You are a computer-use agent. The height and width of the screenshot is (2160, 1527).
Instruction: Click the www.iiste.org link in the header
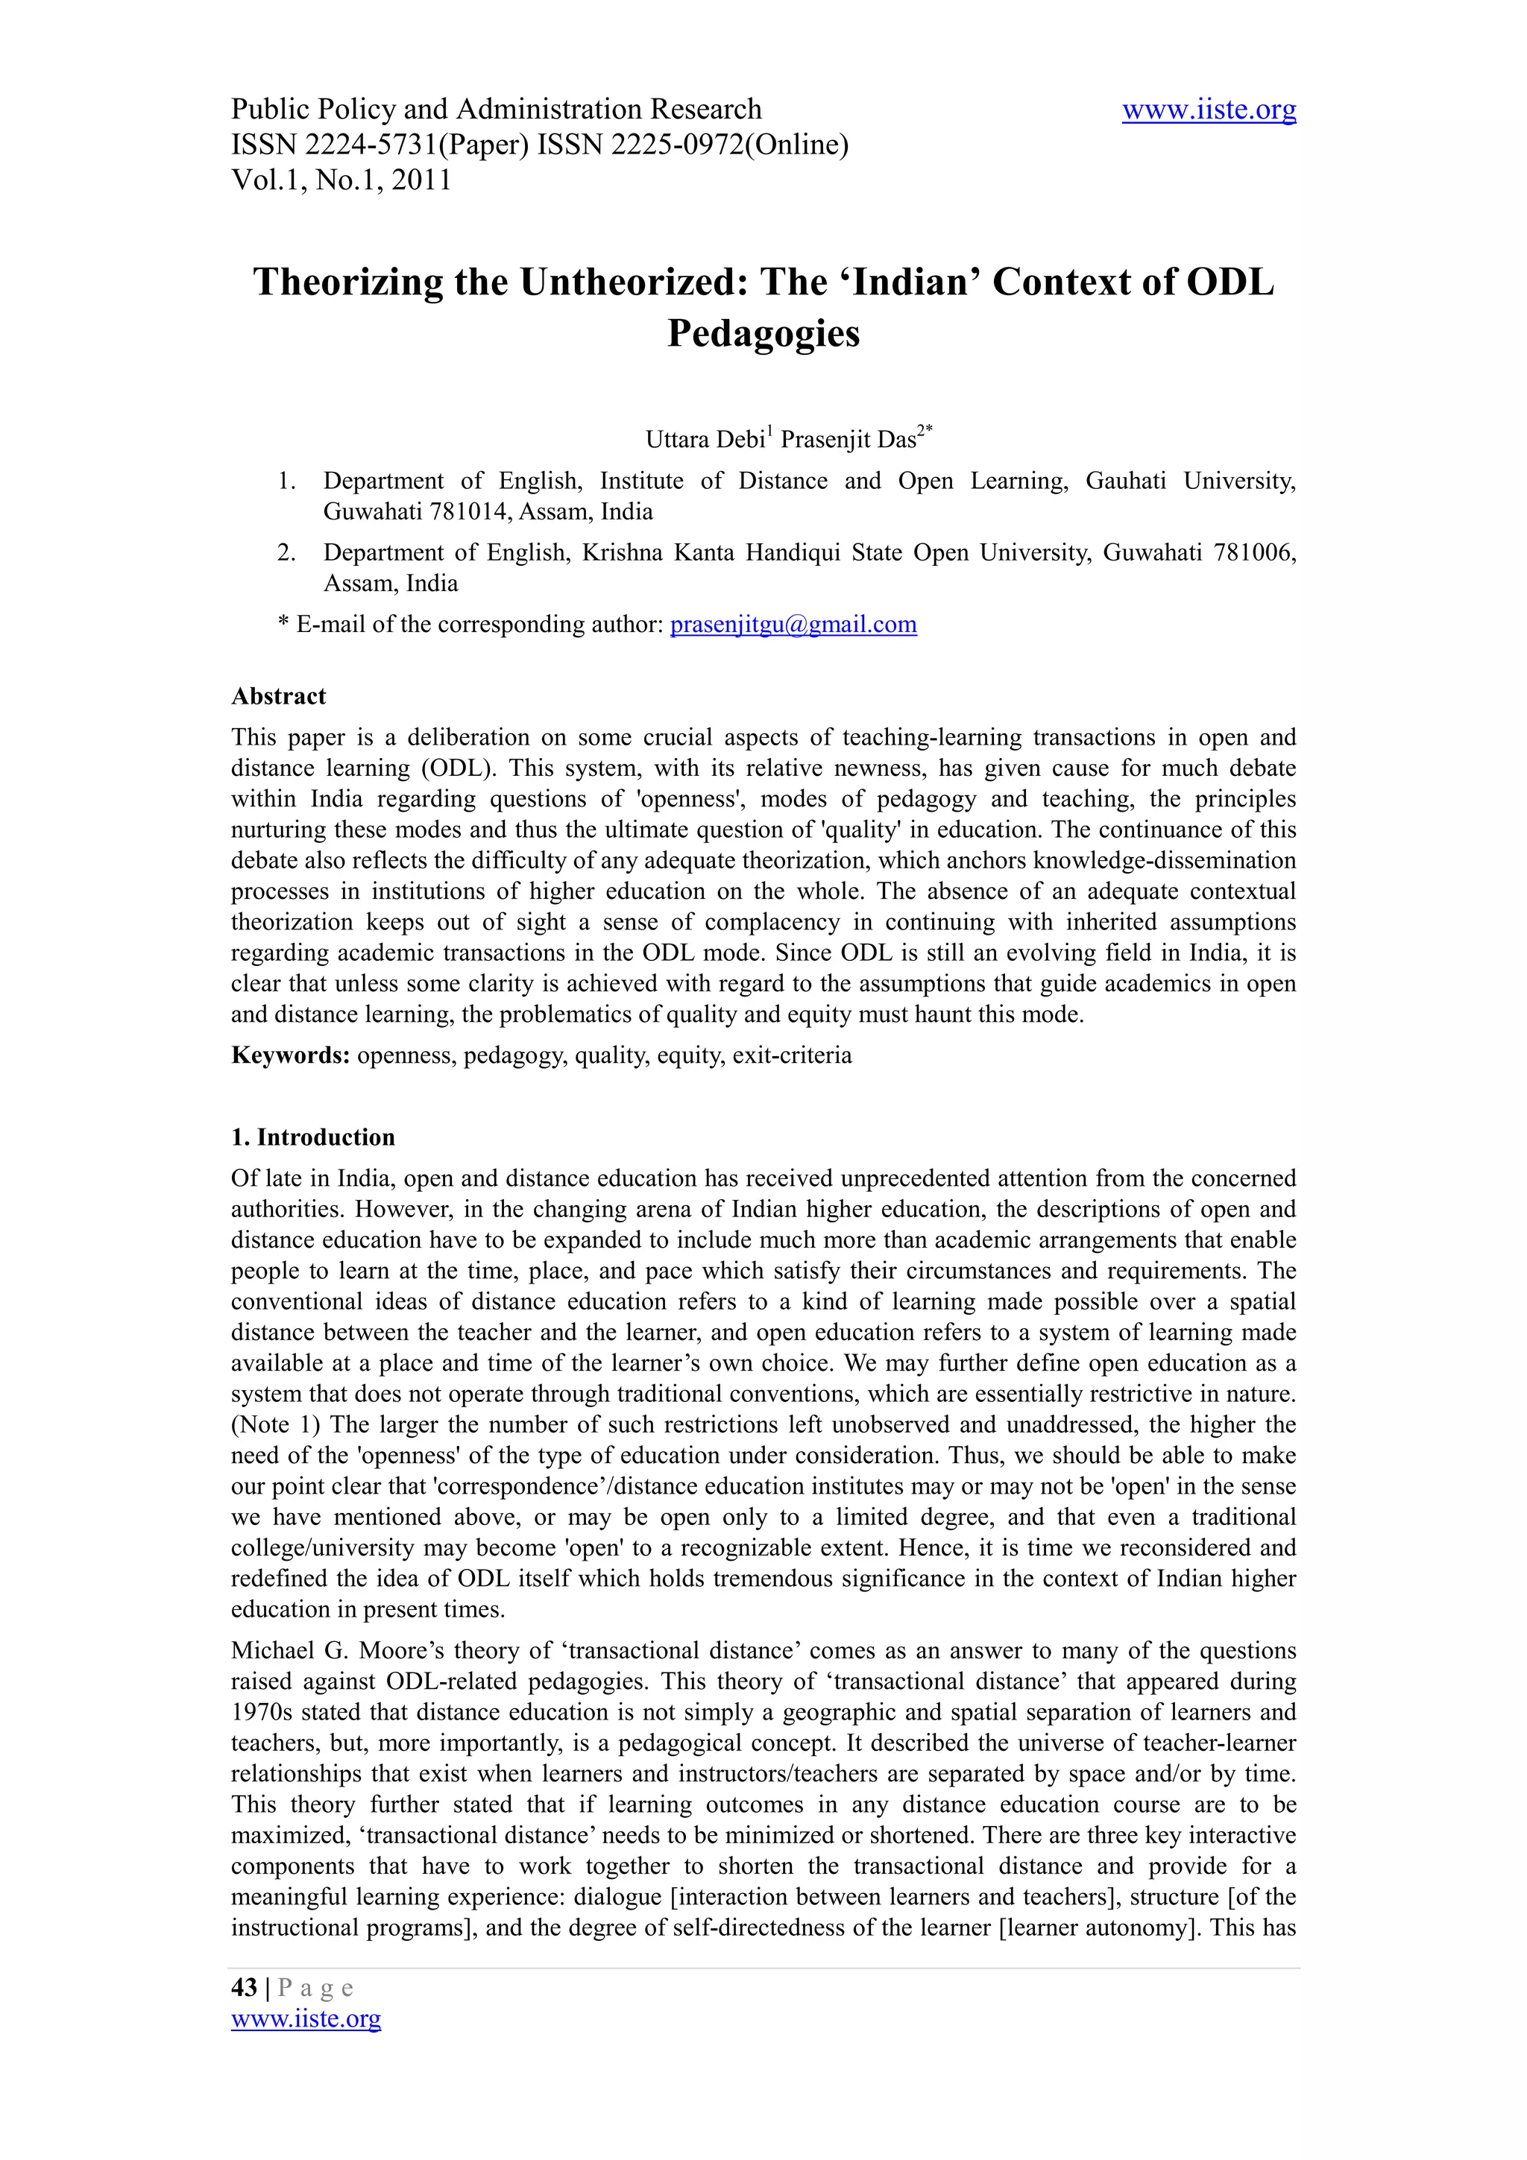[1208, 110]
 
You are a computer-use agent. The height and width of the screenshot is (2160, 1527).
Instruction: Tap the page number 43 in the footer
[244, 1987]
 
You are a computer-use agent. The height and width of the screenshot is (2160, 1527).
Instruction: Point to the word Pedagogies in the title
[763, 333]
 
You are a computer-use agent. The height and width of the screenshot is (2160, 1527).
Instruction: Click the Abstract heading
[279, 696]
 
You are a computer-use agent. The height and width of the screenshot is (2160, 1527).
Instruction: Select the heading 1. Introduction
[312, 1137]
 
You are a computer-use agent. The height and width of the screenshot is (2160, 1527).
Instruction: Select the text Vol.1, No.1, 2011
[341, 180]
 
